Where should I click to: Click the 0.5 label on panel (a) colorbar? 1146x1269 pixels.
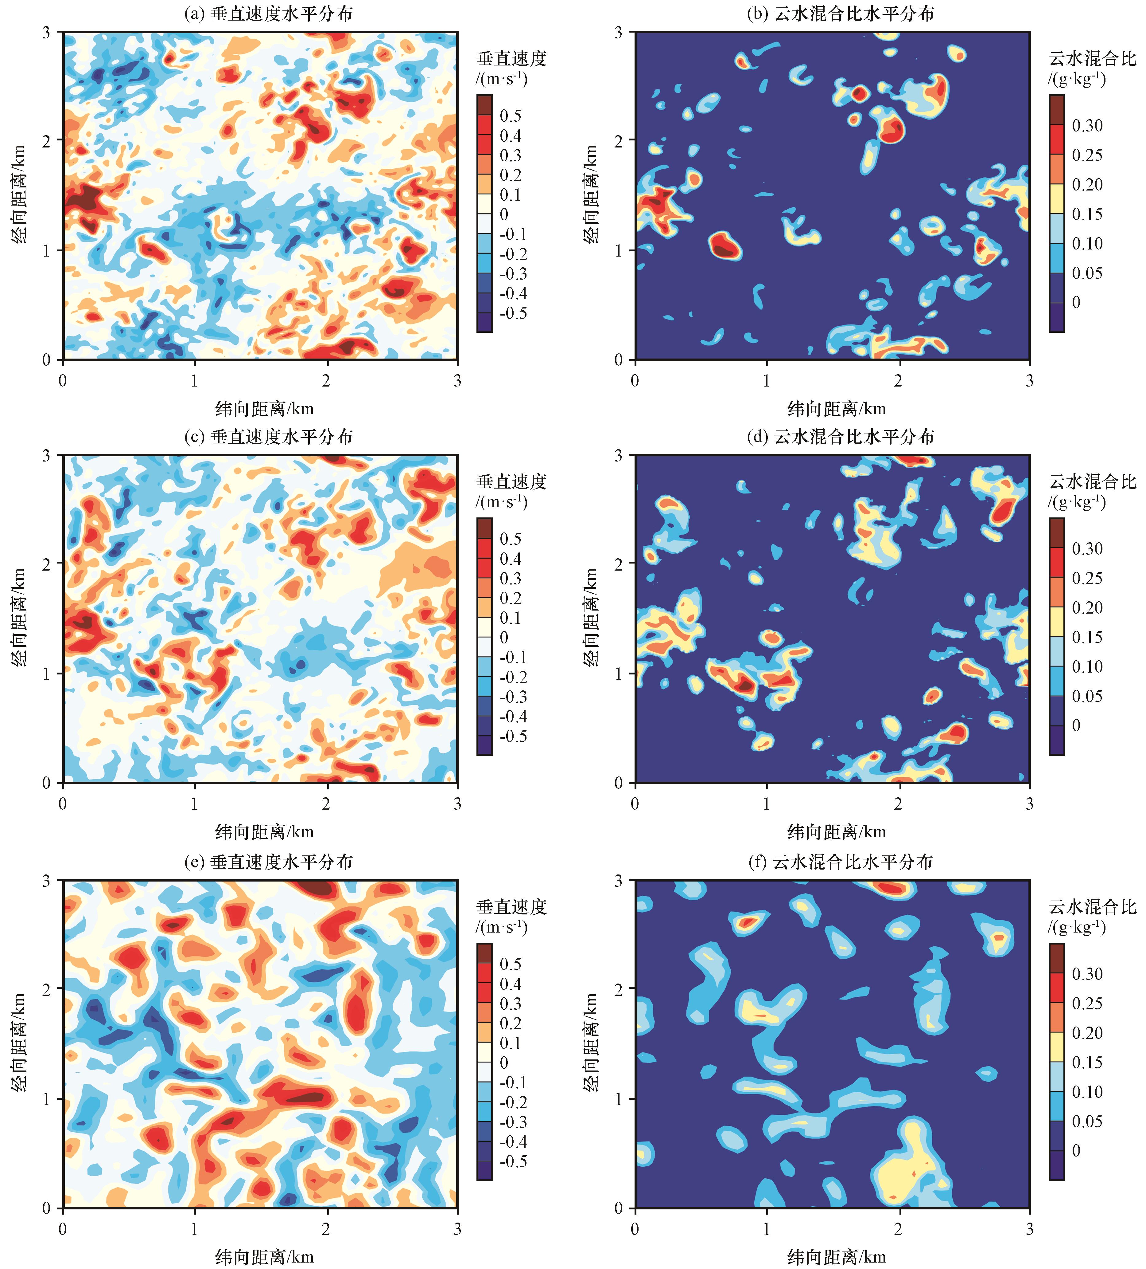tap(510, 116)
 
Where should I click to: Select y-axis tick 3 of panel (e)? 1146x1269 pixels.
tap(46, 881)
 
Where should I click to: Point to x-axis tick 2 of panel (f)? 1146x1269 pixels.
tap(898, 1228)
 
